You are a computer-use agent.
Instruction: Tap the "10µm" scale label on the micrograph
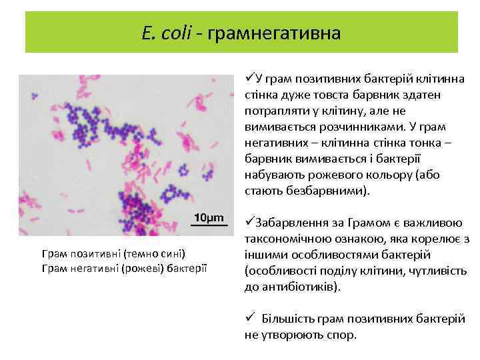[209, 219]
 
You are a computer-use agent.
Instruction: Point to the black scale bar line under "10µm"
[209, 227]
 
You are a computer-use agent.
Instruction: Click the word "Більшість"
[287, 319]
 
